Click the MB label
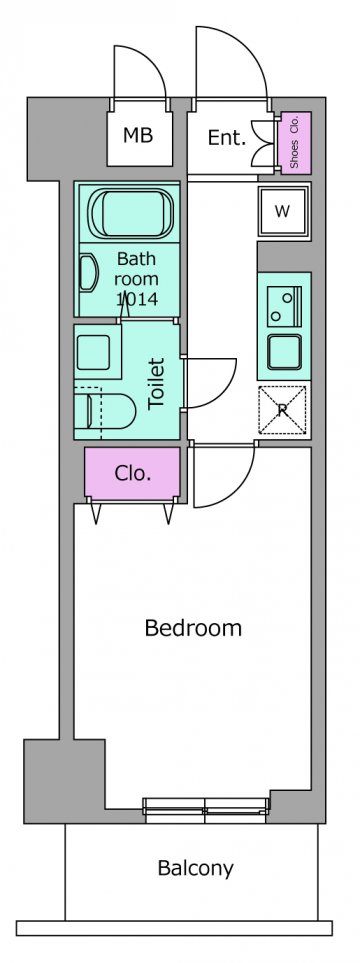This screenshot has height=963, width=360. (138, 135)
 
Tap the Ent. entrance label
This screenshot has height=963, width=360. (227, 138)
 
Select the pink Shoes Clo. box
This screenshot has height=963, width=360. (295, 142)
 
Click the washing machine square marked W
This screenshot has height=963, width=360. (282, 211)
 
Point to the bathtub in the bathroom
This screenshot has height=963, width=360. (131, 213)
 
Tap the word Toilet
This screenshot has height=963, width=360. (157, 383)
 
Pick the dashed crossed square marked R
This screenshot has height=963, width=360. (283, 410)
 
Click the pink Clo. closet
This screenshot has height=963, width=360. (132, 475)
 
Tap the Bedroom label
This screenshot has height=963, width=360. (193, 628)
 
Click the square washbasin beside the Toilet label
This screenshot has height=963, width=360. (93, 352)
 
